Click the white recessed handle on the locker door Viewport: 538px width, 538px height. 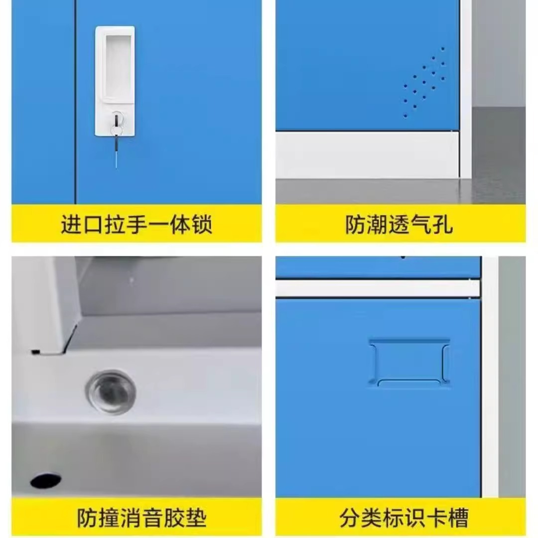[x=115, y=81]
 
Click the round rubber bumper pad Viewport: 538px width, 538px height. [x=111, y=392]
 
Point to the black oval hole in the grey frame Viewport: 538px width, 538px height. [x=46, y=480]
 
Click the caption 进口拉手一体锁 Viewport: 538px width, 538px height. [x=136, y=225]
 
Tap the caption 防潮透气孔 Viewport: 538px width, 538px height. [x=399, y=225]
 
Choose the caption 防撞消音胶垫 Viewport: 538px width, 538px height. [x=141, y=518]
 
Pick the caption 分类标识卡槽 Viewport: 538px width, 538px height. [x=404, y=518]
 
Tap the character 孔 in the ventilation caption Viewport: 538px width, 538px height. [x=443, y=225]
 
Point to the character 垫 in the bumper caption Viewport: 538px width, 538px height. [x=196, y=518]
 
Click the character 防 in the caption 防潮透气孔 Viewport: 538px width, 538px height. [x=356, y=225]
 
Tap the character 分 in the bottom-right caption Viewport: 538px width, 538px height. [x=350, y=518]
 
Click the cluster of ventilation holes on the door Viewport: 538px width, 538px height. [x=424, y=82]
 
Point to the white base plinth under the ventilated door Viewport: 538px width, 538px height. [x=367, y=155]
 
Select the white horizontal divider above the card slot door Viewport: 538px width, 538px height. [x=378, y=288]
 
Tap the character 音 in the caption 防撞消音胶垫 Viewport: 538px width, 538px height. [x=152, y=518]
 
